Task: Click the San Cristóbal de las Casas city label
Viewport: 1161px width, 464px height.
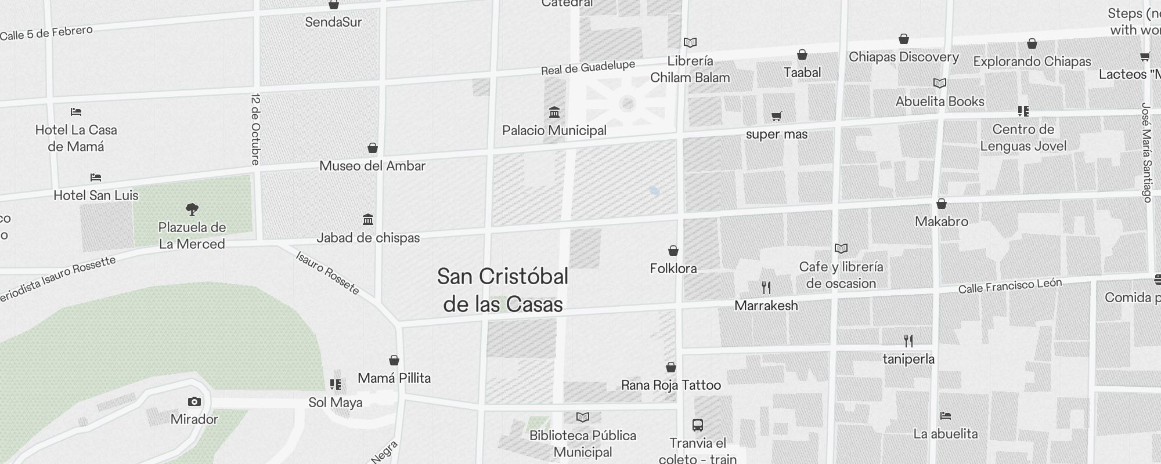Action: tap(503, 290)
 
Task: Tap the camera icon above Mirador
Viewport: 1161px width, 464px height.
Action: tap(194, 401)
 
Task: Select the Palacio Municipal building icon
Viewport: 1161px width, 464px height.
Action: tap(554, 112)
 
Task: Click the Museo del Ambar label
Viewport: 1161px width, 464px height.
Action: tap(373, 166)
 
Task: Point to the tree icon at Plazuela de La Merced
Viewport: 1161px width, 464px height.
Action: tap(192, 209)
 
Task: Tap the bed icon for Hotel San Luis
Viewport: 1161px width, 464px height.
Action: tap(96, 177)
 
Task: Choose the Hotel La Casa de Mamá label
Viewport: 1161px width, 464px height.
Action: tap(76, 138)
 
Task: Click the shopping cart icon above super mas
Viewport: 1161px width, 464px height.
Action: tap(776, 116)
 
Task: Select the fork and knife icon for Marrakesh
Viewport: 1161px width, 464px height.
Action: tap(766, 287)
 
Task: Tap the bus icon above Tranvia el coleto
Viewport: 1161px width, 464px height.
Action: tap(698, 425)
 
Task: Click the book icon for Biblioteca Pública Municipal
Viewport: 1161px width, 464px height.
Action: tap(583, 417)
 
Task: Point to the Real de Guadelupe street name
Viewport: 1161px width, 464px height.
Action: tap(588, 68)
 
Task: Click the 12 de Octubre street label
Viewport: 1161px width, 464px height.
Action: tap(256, 129)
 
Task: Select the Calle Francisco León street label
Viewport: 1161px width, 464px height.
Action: tap(1010, 285)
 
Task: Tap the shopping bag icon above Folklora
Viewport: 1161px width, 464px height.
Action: tap(673, 251)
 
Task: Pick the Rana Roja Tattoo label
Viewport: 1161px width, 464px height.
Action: tap(671, 385)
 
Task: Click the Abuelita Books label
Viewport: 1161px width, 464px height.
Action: tap(940, 101)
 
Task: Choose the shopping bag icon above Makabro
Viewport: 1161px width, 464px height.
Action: tap(942, 204)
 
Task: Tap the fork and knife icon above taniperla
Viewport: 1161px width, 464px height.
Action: tap(908, 340)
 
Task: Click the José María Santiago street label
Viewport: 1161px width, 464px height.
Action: tap(1146, 153)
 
